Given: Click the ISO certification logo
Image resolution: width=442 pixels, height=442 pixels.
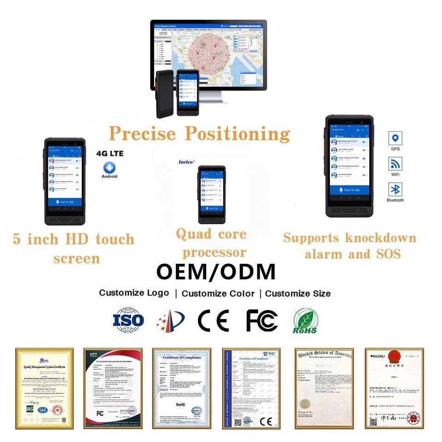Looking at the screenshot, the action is click(x=128, y=319).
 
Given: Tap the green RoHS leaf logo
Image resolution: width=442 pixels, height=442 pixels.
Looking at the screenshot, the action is click(x=305, y=320).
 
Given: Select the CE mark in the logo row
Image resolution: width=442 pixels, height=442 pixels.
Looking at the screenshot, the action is click(x=214, y=320).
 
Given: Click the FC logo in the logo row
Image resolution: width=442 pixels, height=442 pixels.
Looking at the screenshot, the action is click(x=262, y=320).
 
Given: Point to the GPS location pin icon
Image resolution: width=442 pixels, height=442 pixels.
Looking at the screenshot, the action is click(x=395, y=138).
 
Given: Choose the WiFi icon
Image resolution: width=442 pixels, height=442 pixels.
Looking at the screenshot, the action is click(x=395, y=164).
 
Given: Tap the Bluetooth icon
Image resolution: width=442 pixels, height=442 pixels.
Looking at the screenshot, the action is click(x=395, y=189).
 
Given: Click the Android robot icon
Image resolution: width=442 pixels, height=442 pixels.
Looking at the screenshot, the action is click(x=109, y=167).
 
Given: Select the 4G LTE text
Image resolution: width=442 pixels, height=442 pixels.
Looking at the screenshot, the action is click(x=110, y=153).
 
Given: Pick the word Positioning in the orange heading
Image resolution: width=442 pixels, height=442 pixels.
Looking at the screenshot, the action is click(x=238, y=134).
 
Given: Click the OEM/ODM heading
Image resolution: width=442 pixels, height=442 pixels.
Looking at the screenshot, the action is click(x=216, y=272).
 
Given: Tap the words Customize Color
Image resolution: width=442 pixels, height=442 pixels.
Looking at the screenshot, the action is click(x=218, y=294).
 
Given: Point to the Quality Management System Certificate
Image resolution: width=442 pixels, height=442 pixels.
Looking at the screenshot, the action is click(x=44, y=388).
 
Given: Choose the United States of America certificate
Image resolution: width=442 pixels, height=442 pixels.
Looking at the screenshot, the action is click(x=324, y=388).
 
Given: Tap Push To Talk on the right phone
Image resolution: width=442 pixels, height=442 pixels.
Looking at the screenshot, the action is click(x=349, y=190).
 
